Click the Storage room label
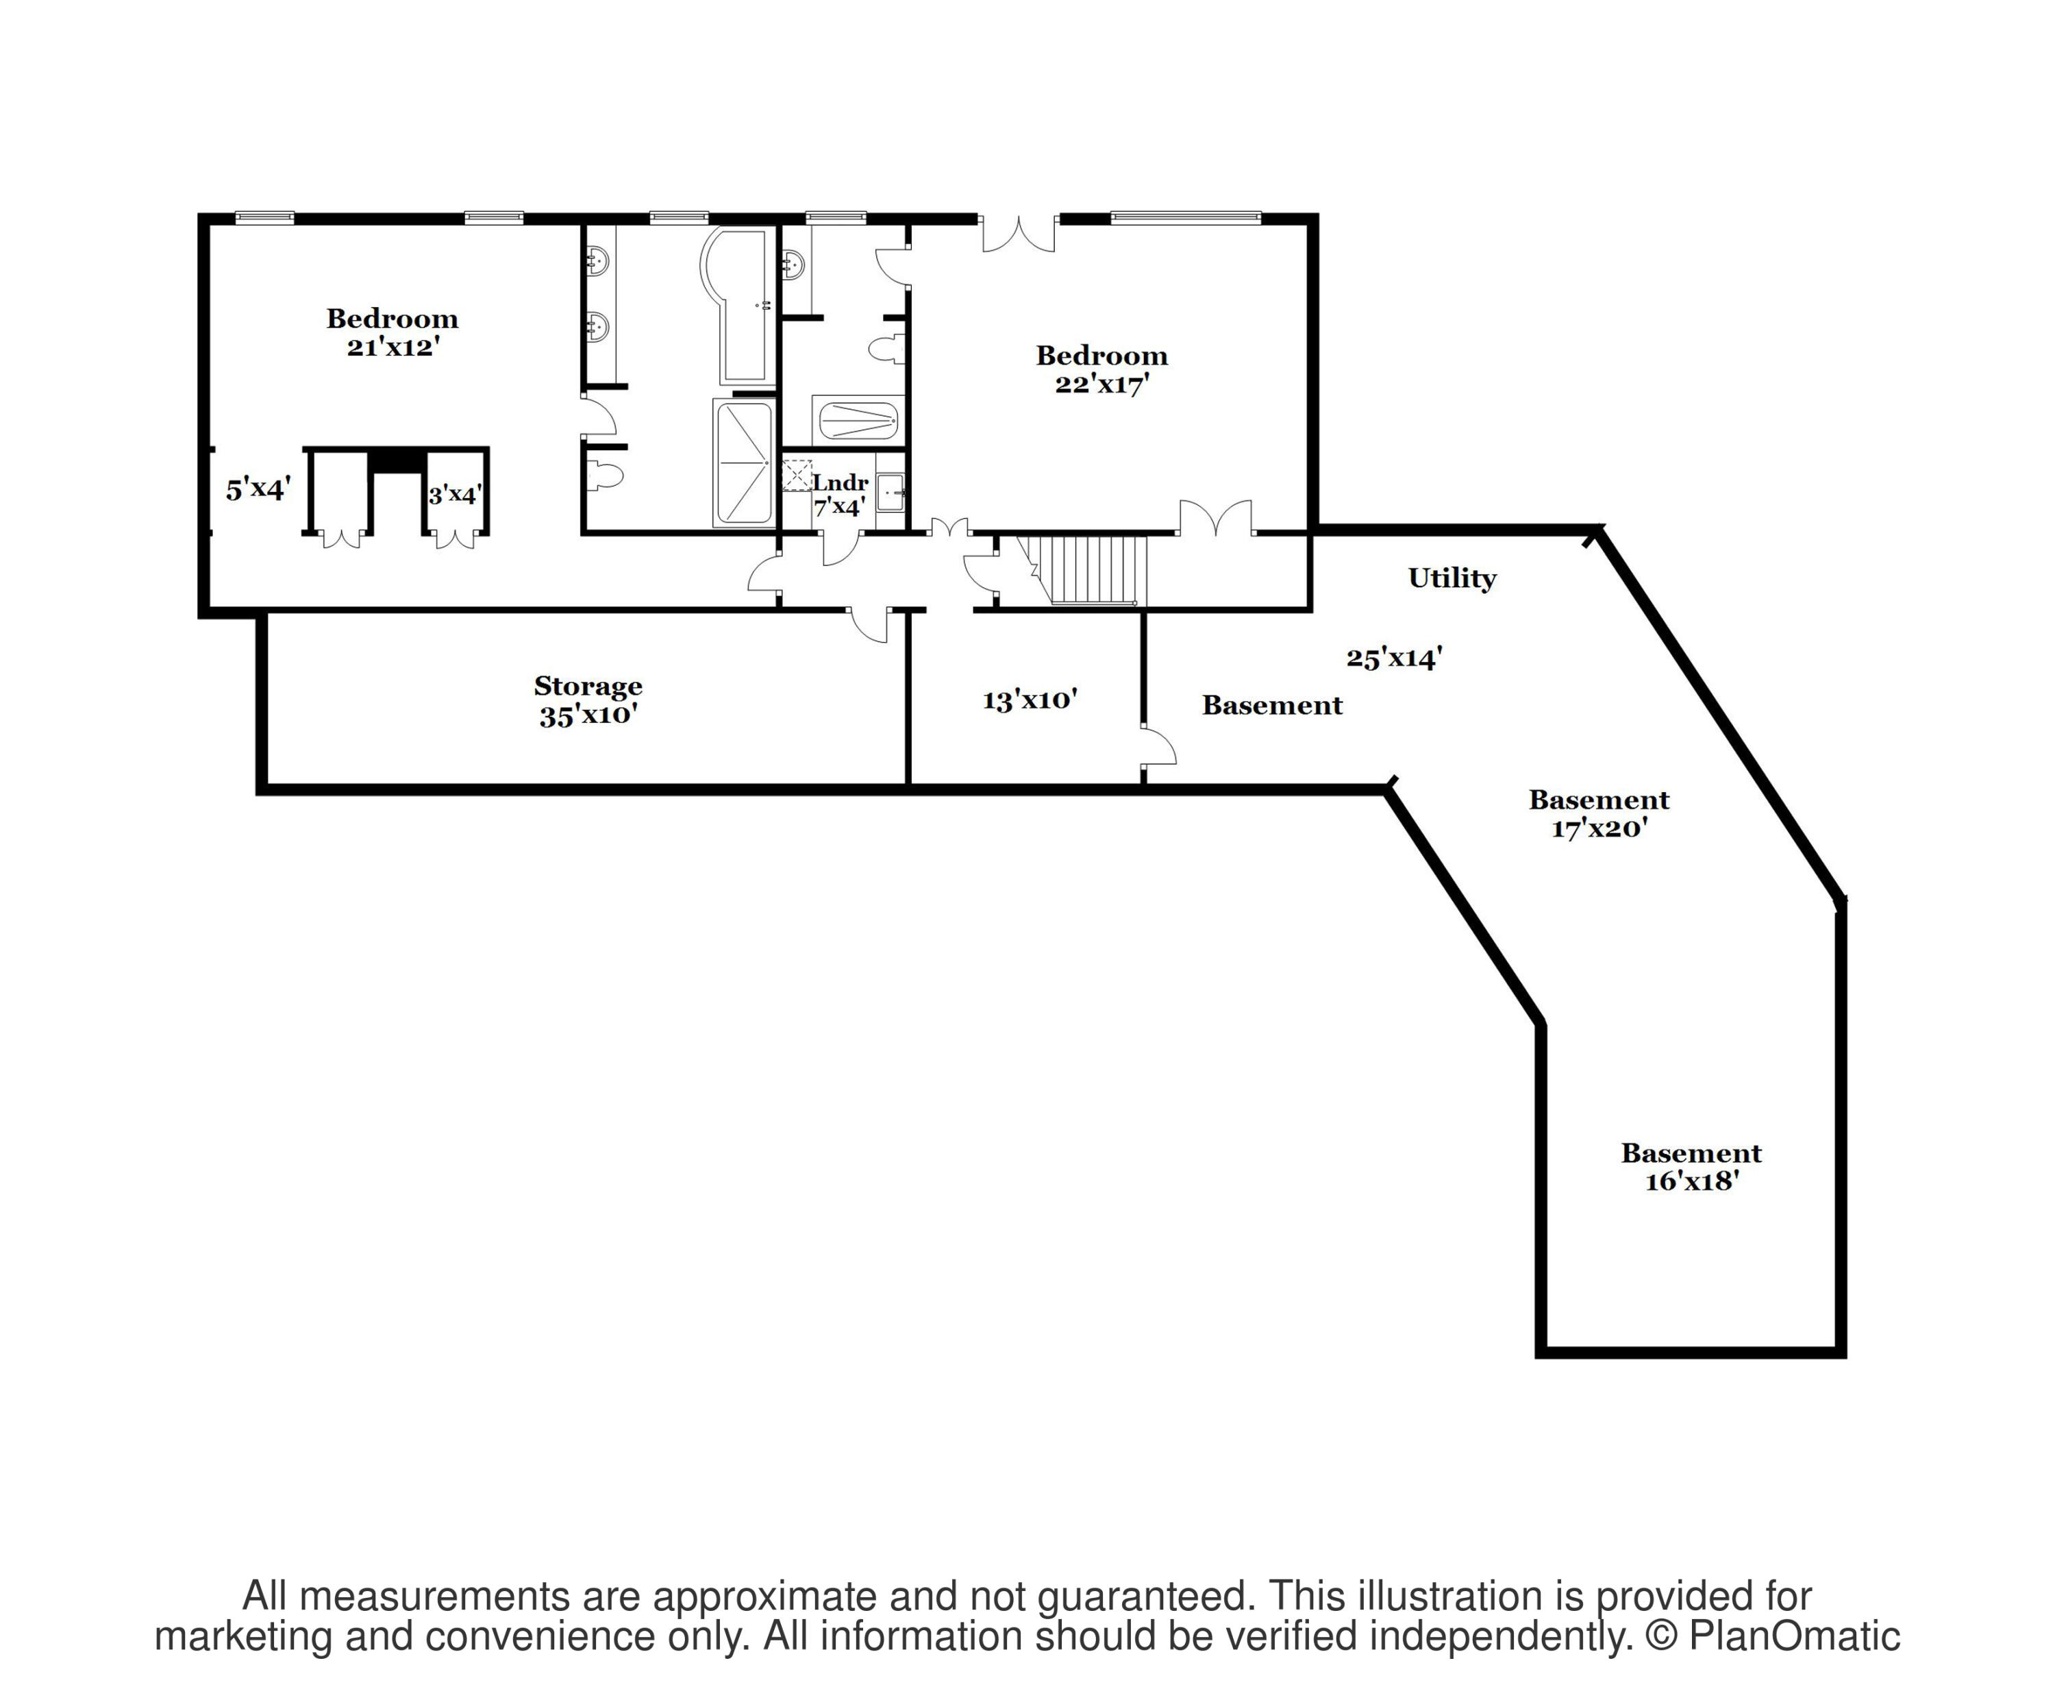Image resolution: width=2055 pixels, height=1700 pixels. coord(588,686)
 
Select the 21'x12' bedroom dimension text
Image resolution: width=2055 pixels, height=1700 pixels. coord(391,347)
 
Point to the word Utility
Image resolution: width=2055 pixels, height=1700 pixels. coord(1452,578)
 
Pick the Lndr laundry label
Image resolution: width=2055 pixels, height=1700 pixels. coord(840,482)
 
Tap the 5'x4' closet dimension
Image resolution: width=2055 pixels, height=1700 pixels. coord(258,489)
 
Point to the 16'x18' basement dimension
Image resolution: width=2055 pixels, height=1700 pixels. coord(1691,1181)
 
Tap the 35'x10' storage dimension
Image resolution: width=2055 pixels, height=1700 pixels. coord(588,715)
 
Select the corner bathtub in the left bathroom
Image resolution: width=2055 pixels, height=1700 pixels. coord(735,306)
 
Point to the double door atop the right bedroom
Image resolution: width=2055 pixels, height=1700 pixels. coord(1019,235)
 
